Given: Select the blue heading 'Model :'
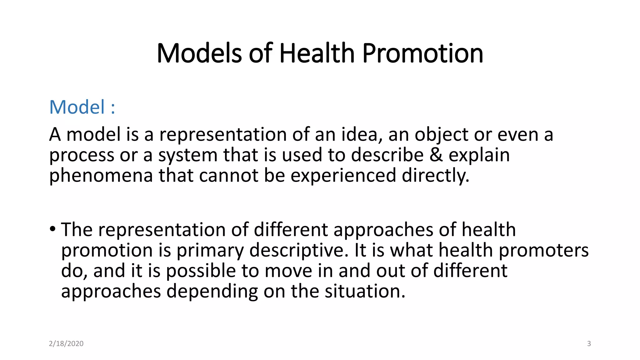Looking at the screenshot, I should pyautogui.click(x=82, y=107).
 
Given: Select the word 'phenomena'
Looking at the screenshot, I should pyautogui.click(x=101, y=176).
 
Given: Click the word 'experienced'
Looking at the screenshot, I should pyautogui.click(x=343, y=176).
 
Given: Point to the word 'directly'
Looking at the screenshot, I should pyautogui.click(x=435, y=176).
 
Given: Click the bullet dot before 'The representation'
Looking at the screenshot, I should pyautogui.click(x=52, y=229).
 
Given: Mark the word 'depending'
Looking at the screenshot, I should pyautogui.click(x=212, y=292).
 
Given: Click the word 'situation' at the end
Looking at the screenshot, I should pyautogui.click(x=365, y=291).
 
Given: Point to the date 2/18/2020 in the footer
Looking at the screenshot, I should pyautogui.click(x=66, y=344).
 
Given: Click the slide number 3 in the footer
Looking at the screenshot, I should pyautogui.click(x=589, y=344).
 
